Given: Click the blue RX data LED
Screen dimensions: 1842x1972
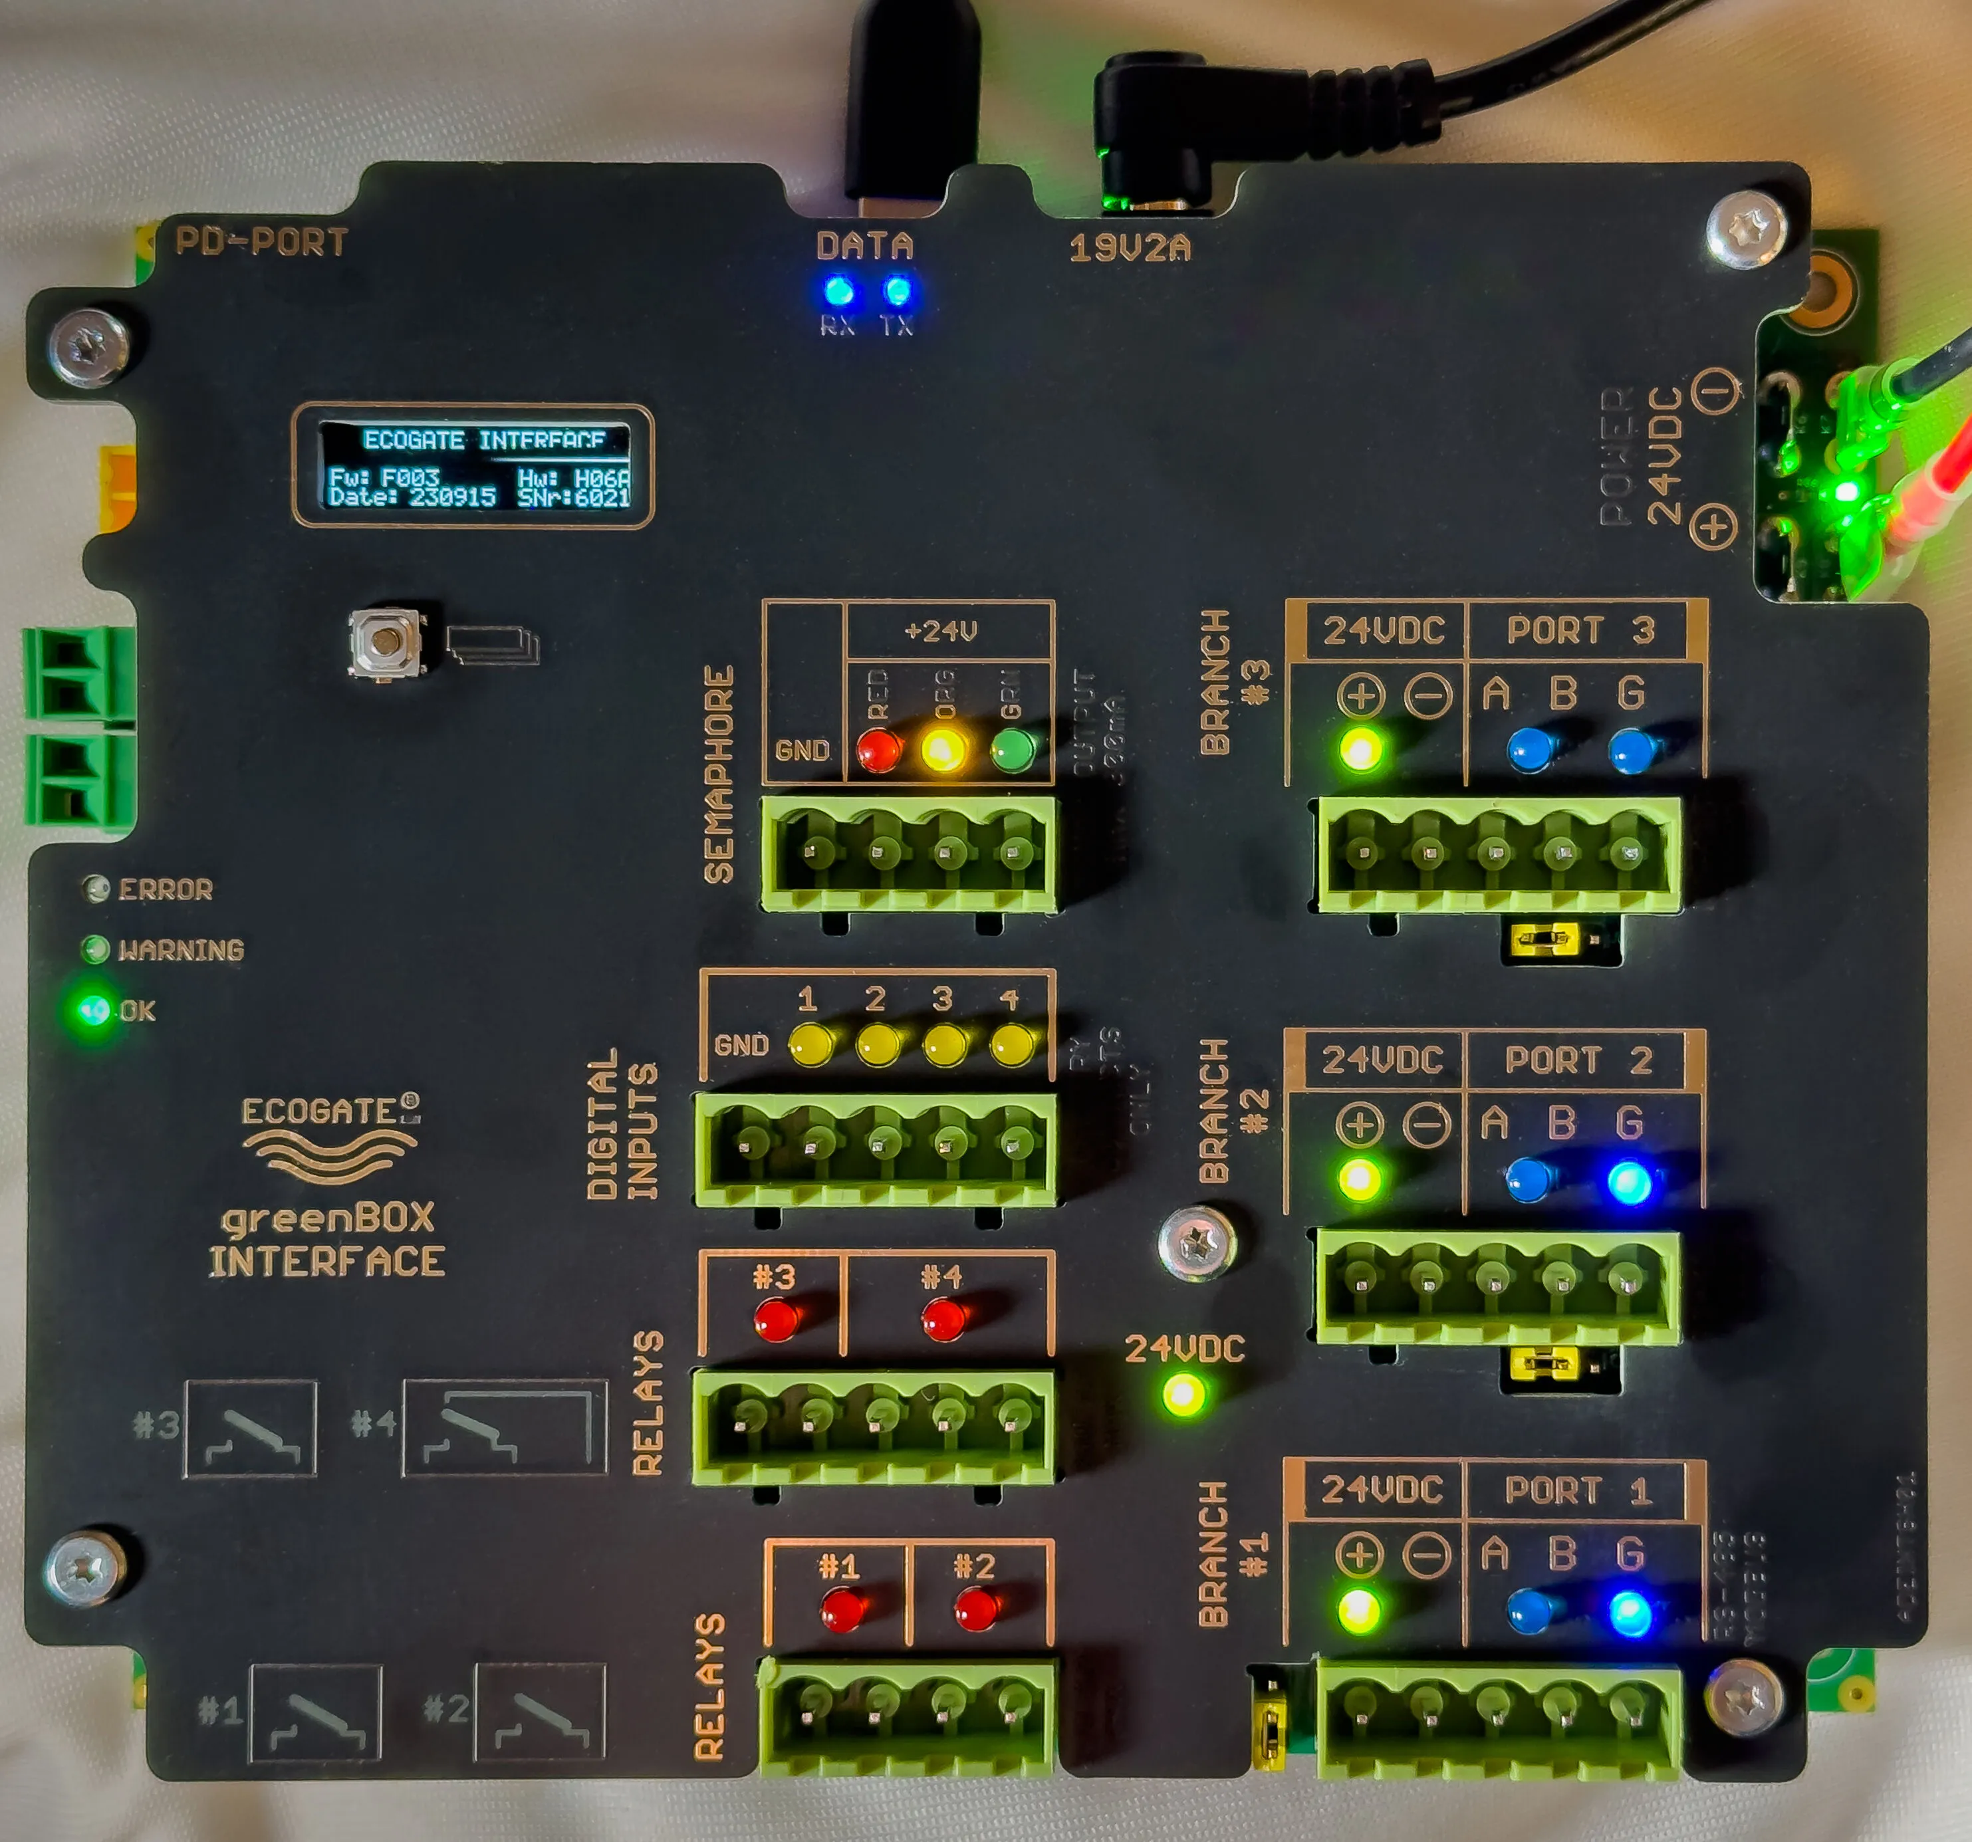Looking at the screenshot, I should click(839, 292).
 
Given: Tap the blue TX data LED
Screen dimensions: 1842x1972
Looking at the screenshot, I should click(897, 292).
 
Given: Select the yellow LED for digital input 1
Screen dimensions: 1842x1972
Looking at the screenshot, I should click(811, 1044).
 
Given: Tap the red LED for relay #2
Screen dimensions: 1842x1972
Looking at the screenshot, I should click(976, 1609).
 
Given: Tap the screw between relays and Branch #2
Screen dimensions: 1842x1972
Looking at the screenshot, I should click(1197, 1240).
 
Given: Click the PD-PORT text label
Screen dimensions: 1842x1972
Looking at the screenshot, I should click(261, 242).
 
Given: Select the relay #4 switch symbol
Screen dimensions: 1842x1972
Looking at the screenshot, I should click(504, 1427).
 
